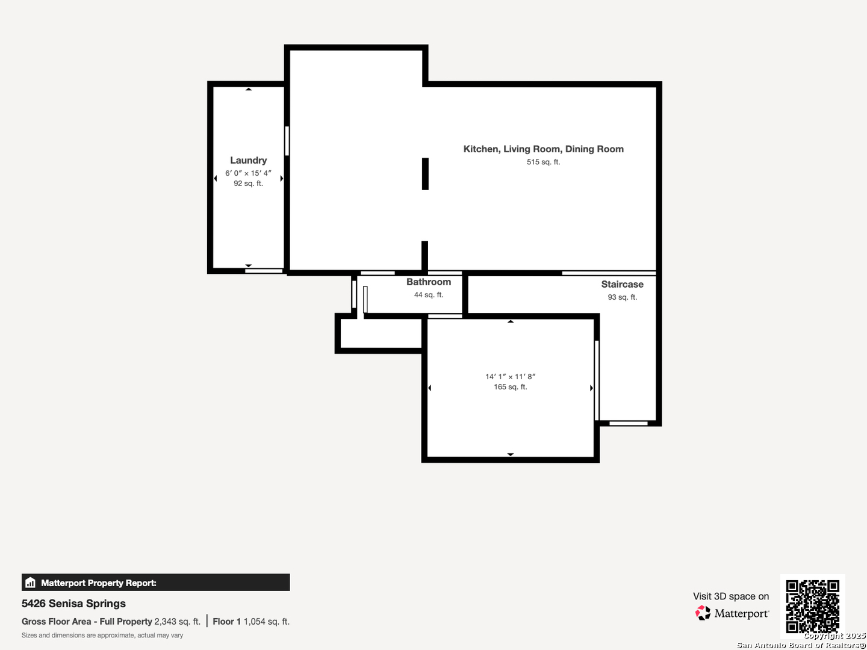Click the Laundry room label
click(249, 160)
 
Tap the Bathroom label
click(429, 282)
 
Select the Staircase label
click(622, 284)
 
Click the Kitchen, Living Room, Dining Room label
click(544, 149)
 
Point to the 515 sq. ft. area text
click(544, 162)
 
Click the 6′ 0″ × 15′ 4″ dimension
click(249, 173)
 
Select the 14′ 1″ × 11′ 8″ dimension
click(511, 377)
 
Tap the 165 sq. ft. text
click(511, 387)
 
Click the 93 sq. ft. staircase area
click(622, 297)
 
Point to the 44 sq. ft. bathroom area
click(429, 295)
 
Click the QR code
click(812, 606)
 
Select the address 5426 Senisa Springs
click(73, 604)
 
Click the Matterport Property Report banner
click(155, 583)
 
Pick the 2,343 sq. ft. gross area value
click(178, 622)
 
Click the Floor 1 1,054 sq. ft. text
click(251, 622)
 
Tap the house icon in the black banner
click(31, 583)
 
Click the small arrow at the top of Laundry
click(249, 89)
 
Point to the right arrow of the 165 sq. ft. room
click(591, 388)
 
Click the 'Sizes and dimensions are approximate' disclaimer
click(102, 636)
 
